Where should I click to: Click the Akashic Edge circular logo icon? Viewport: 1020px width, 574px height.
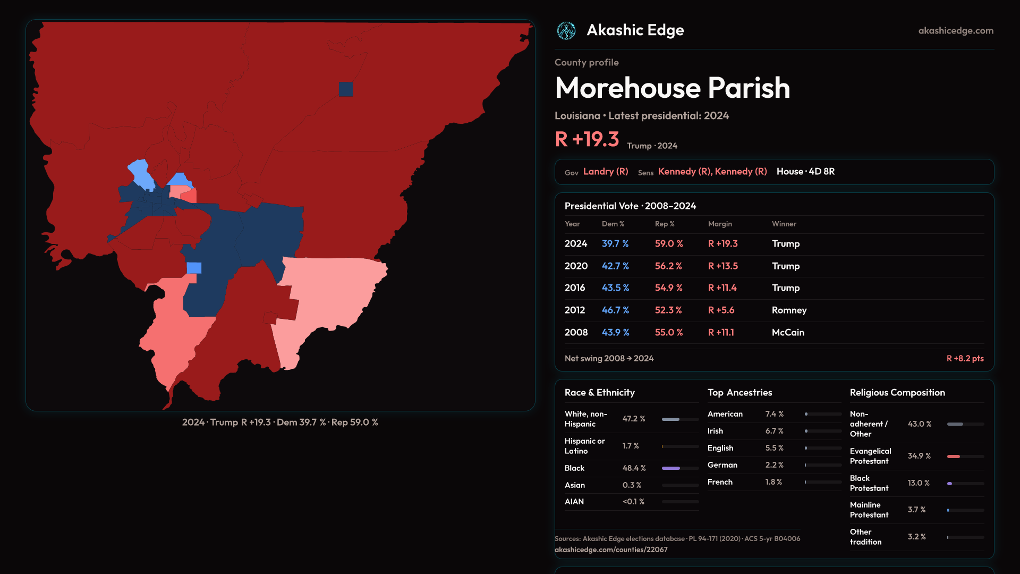pyautogui.click(x=566, y=31)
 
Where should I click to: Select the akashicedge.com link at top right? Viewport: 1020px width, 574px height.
pyautogui.click(x=956, y=31)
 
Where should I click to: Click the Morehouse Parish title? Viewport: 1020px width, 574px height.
pyautogui.click(x=673, y=88)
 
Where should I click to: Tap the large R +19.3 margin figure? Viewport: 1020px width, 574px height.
pyautogui.click(x=587, y=139)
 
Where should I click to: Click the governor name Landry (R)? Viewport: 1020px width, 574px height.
pyautogui.click(x=606, y=172)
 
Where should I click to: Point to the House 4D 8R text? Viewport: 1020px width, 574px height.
pyautogui.click(x=805, y=172)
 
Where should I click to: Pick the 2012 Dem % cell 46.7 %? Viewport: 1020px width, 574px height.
pyautogui.click(x=615, y=310)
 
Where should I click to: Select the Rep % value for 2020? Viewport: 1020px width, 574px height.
pyautogui.click(x=669, y=266)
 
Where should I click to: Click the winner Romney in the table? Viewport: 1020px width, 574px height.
pyautogui.click(x=789, y=310)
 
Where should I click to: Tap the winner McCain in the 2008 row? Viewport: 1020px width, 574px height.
pyautogui.click(x=788, y=333)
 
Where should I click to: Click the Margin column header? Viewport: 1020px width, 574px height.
pyautogui.click(x=720, y=224)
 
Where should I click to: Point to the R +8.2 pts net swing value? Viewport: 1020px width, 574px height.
pyautogui.click(x=965, y=359)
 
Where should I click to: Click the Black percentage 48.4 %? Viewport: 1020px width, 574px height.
pyautogui.click(x=634, y=468)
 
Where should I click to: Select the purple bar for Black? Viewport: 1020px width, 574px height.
pyautogui.click(x=671, y=468)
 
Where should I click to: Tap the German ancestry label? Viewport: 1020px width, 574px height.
pyautogui.click(x=722, y=465)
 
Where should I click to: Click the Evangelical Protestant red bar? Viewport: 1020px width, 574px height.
pyautogui.click(x=954, y=457)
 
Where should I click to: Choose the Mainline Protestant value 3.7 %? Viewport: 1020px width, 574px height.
pyautogui.click(x=916, y=510)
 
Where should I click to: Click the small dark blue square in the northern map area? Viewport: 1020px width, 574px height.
pyautogui.click(x=346, y=89)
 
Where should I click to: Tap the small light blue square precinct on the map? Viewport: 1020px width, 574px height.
pyautogui.click(x=194, y=268)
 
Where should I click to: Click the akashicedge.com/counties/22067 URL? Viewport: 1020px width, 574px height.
pyautogui.click(x=611, y=550)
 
